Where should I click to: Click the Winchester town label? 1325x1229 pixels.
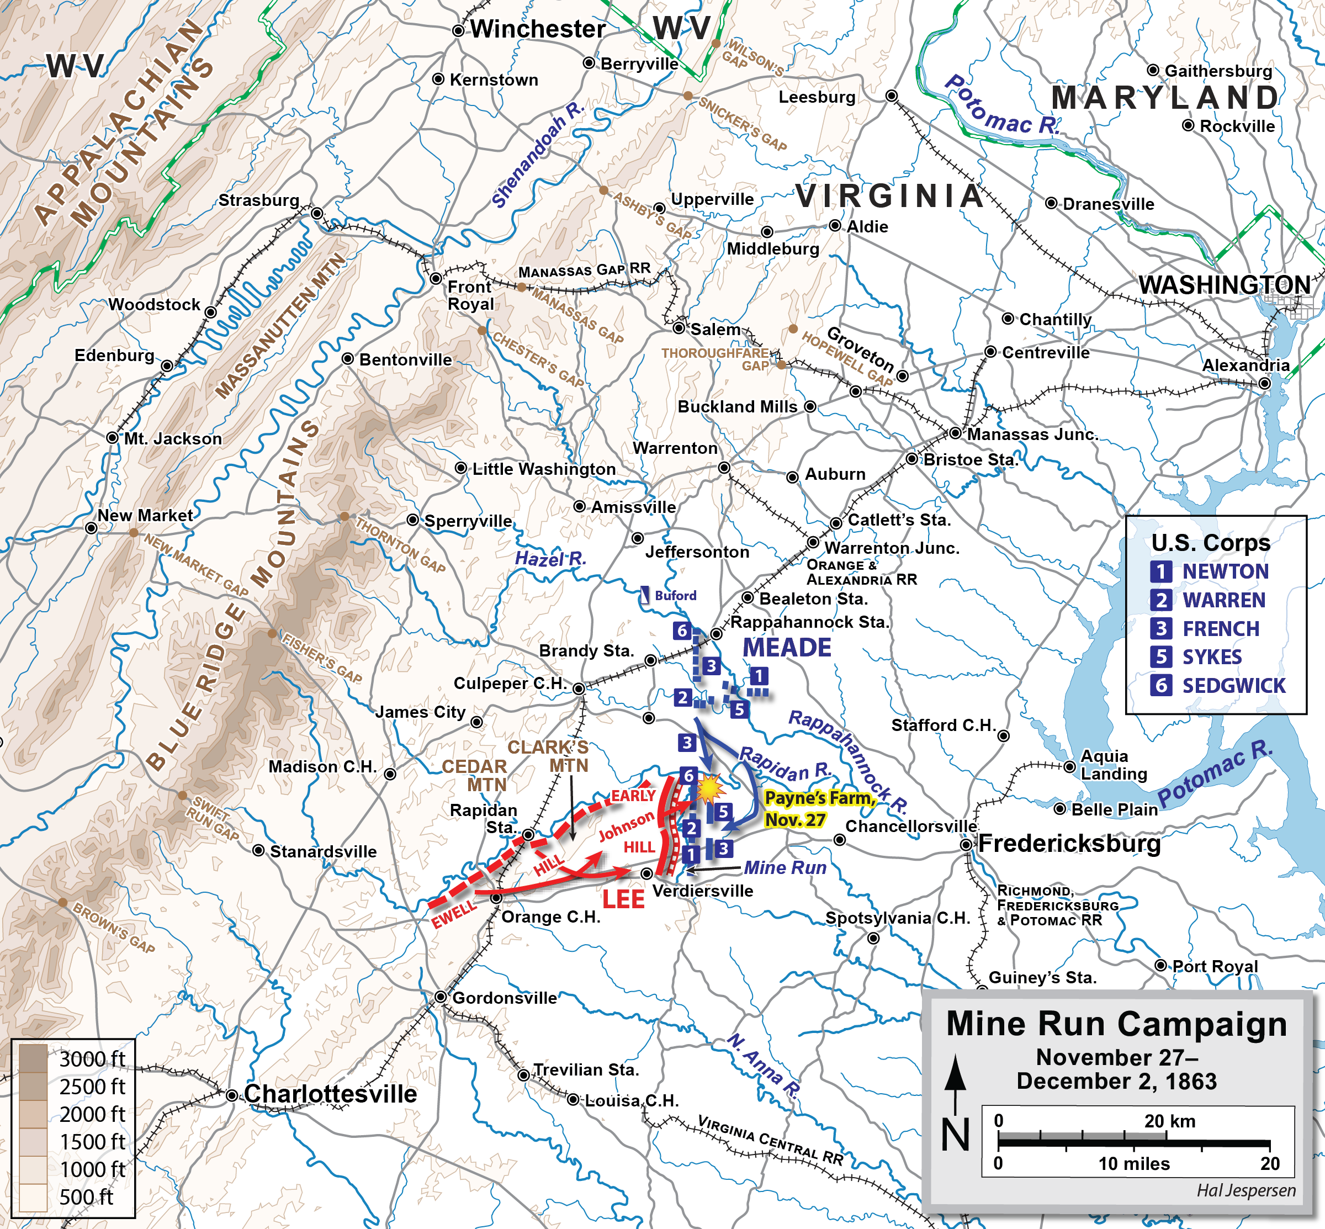pyautogui.click(x=537, y=29)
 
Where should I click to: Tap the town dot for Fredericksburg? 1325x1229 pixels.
pyautogui.click(x=966, y=845)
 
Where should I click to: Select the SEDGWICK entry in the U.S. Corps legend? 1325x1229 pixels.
pyautogui.click(x=1233, y=686)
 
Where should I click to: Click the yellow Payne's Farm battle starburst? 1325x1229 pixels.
pyautogui.click(x=710, y=787)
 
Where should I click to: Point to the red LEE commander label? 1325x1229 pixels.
pyautogui.click(x=623, y=899)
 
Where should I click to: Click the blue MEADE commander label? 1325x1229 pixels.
pyautogui.click(x=787, y=647)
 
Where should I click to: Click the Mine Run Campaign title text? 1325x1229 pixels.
pyautogui.click(x=1116, y=1024)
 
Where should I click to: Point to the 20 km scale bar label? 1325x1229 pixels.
pyautogui.click(x=1169, y=1121)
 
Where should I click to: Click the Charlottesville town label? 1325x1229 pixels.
pyautogui.click(x=330, y=1094)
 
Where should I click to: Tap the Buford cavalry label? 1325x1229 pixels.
pyautogui.click(x=675, y=595)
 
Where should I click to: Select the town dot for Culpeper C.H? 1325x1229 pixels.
pyautogui.click(x=579, y=689)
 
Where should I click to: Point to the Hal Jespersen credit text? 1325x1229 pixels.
pyautogui.click(x=1246, y=1190)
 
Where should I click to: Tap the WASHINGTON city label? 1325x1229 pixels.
pyautogui.click(x=1224, y=285)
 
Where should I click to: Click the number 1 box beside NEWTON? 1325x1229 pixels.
pyautogui.click(x=1160, y=571)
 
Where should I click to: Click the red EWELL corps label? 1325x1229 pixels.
pyautogui.click(x=454, y=915)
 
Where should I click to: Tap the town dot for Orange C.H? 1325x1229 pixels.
pyautogui.click(x=496, y=898)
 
